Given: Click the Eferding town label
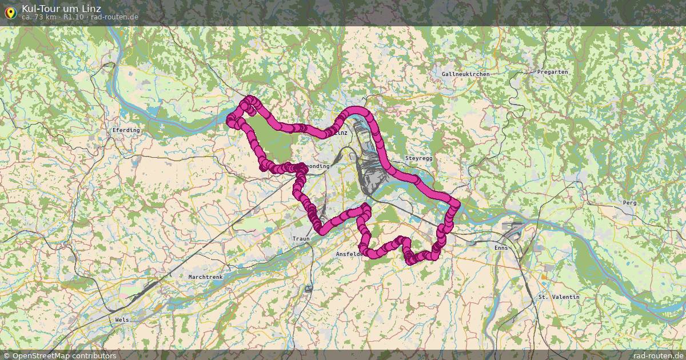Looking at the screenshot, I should (x=126, y=130).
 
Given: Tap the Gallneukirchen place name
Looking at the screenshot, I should (x=465, y=74).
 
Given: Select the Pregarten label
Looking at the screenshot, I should (x=552, y=72).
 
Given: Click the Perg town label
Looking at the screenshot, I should (x=629, y=203).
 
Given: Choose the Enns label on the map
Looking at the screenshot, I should (x=501, y=248).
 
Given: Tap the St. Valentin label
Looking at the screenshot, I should (x=559, y=297).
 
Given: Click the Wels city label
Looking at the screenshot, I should (x=122, y=320).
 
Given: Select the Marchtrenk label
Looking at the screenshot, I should (x=205, y=277).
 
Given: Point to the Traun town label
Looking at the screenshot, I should (x=301, y=239).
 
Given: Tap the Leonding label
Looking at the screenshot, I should (x=317, y=166).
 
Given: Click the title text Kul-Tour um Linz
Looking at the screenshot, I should (x=61, y=9).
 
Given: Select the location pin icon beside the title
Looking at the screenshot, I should (x=10, y=12).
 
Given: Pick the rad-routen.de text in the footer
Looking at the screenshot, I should (x=659, y=355).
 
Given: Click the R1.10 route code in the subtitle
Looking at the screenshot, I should (x=74, y=17).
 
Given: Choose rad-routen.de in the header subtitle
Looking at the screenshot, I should (x=114, y=17).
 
